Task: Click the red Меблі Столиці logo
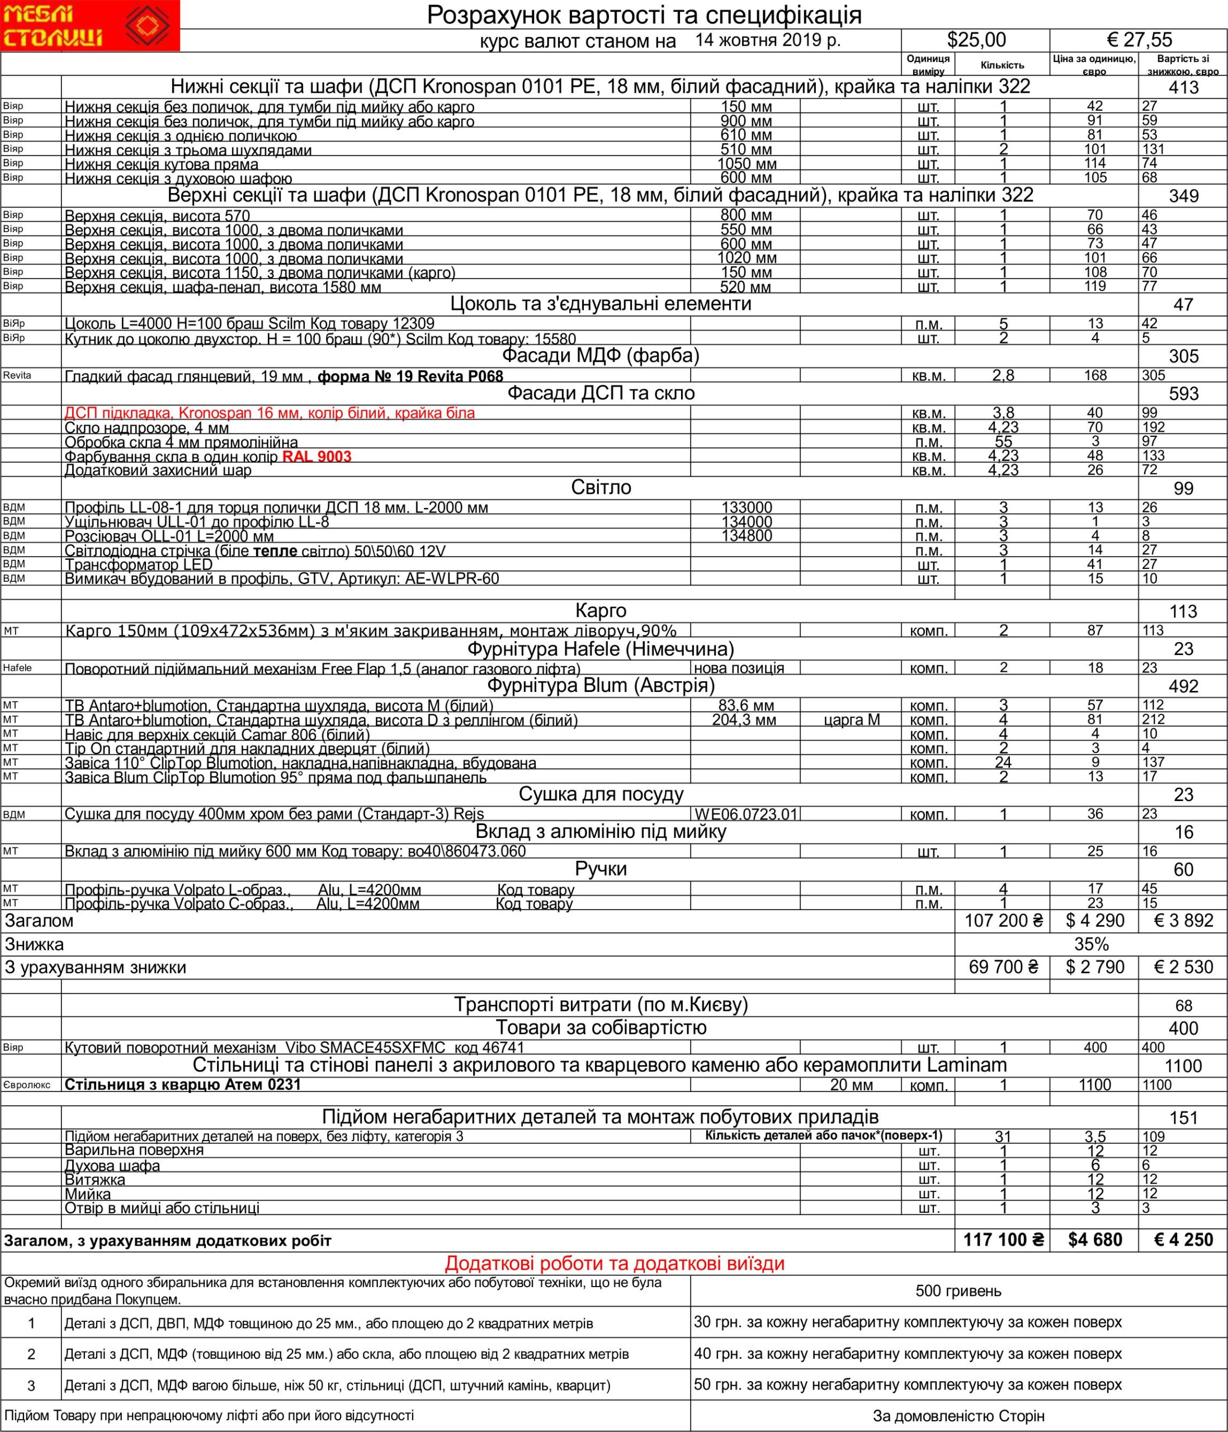pyautogui.click(x=90, y=26)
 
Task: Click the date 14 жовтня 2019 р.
pyautogui.click(x=768, y=40)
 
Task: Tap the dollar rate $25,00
pyautogui.click(x=976, y=40)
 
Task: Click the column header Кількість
pyautogui.click(x=1002, y=65)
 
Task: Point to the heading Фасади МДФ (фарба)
pyautogui.click(x=601, y=356)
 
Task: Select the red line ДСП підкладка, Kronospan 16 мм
pyautogui.click(x=270, y=413)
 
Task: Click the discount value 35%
pyautogui.click(x=1091, y=944)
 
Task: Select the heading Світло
pyautogui.click(x=601, y=488)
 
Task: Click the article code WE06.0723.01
pyautogui.click(x=747, y=814)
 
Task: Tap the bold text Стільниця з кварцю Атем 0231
pyautogui.click(x=183, y=1085)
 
